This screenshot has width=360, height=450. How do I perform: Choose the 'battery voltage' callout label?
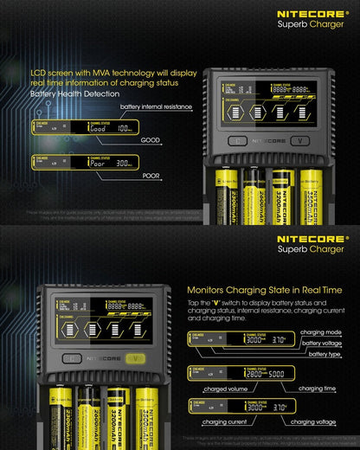pyautogui.click(x=324, y=344)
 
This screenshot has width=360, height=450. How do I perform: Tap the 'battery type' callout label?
pyautogui.click(x=327, y=355)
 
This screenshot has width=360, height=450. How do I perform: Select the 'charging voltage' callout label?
pyautogui.click(x=313, y=423)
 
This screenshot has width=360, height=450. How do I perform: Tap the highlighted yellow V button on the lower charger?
pyautogui.click(x=133, y=358)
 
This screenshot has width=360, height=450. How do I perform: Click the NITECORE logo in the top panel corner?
pyautogui.click(x=312, y=14)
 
